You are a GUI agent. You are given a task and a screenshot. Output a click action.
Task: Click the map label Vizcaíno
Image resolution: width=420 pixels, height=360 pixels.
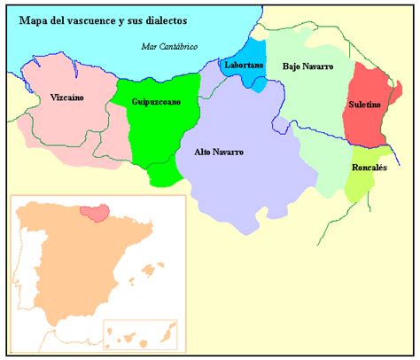pyautogui.click(x=67, y=98)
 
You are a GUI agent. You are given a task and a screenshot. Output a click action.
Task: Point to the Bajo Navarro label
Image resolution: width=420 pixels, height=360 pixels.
pyautogui.click(x=307, y=67)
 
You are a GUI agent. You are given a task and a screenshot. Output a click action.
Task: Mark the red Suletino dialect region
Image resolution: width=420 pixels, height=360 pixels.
pyautogui.click(x=366, y=124)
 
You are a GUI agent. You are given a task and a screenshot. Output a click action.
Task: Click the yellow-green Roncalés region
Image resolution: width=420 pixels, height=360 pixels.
pyautogui.click(x=363, y=184)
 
